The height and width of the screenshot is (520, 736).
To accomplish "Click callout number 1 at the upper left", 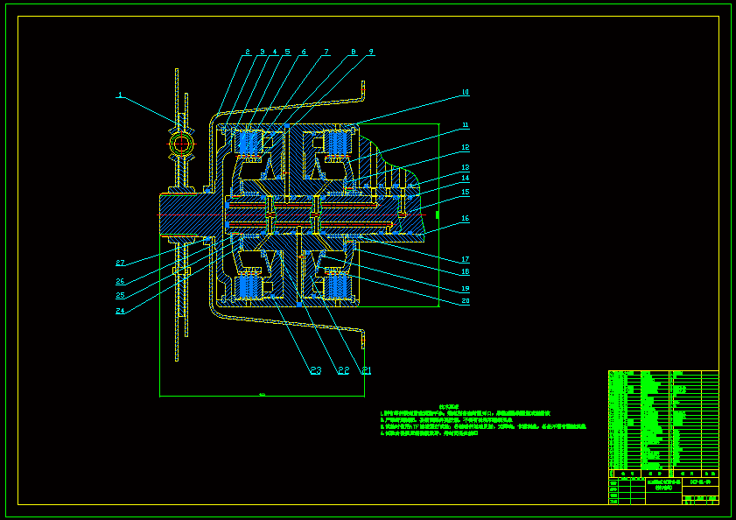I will (x=121, y=95).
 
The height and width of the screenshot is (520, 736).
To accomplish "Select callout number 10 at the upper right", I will (x=466, y=92).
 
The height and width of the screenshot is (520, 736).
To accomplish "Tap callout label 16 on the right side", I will (x=466, y=219).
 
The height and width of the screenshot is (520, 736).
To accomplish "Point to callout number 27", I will (x=121, y=263).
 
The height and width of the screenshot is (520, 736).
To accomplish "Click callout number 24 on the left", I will (x=121, y=310).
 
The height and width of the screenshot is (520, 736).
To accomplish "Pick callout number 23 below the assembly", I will (x=315, y=371).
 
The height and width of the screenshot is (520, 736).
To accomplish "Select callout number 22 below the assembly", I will (x=343, y=371).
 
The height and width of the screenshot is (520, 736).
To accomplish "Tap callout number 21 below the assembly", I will (x=367, y=371).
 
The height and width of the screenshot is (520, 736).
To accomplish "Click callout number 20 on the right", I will (x=466, y=301).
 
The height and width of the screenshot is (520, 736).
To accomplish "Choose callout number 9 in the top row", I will (x=370, y=53).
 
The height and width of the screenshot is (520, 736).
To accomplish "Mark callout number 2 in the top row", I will (x=248, y=53).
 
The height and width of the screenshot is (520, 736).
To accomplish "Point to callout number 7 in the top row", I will (x=326, y=53).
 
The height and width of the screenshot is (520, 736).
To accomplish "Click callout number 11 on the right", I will (x=466, y=125).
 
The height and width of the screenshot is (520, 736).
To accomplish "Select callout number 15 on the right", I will (x=466, y=192).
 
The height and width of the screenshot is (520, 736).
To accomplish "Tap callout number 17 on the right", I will (x=466, y=259).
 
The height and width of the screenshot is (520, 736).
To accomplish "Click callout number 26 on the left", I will (x=121, y=282).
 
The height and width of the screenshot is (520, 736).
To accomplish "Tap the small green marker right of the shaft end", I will (x=437, y=213).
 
